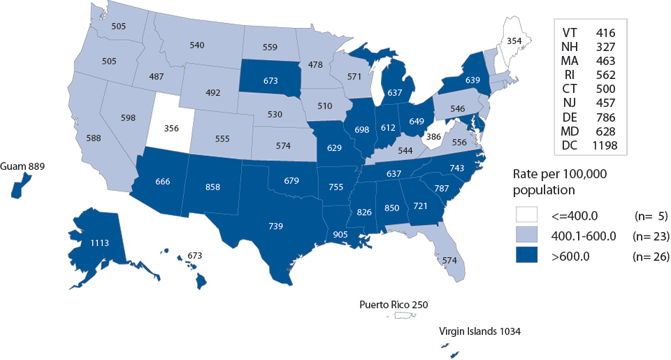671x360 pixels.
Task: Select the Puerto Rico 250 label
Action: coord(393,304)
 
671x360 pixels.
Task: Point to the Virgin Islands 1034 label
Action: coord(479,331)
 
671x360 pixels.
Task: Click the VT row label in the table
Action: coord(570,32)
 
